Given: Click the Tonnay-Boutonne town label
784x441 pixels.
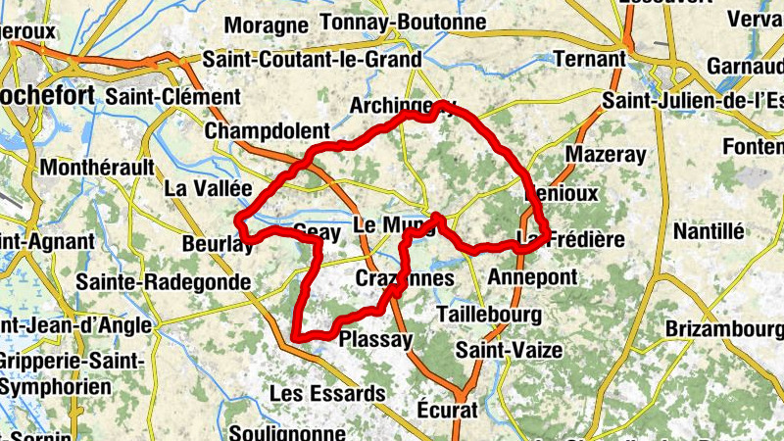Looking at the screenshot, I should (x=403, y=22).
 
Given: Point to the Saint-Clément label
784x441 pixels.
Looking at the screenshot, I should (x=172, y=97).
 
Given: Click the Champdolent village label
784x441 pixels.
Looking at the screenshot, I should (x=266, y=131).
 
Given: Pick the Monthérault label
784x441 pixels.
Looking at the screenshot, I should (x=97, y=168).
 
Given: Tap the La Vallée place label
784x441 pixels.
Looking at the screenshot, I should (x=209, y=187).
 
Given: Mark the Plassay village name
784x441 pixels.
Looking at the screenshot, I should (x=373, y=339).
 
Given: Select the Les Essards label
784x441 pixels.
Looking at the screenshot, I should (x=327, y=393).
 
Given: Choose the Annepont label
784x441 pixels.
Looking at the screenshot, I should (x=532, y=276).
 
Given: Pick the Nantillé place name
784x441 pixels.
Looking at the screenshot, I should (x=709, y=231).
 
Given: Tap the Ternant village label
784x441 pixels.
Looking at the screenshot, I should (x=589, y=59).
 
